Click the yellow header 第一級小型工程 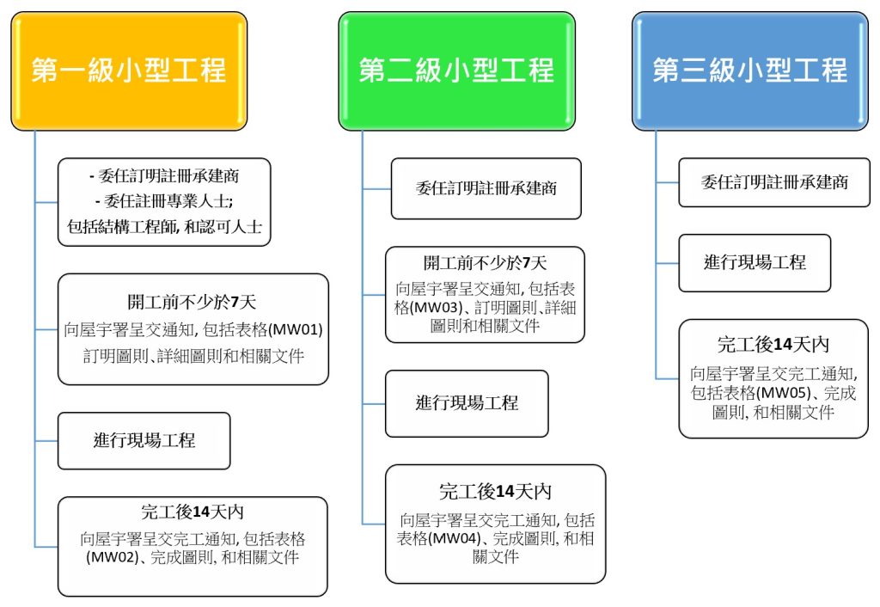point(129,71)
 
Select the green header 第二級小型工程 point(456,71)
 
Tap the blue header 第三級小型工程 point(749,71)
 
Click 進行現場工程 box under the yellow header point(144,440)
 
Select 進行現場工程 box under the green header point(467,402)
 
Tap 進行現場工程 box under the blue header point(755,262)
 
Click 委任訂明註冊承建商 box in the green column point(486,187)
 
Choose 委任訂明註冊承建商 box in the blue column point(773,181)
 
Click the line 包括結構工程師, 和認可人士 point(164,227)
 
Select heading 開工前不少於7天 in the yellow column point(192,302)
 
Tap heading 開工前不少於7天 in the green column point(485,263)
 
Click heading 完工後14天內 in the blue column point(773,345)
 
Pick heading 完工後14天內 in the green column point(495,491)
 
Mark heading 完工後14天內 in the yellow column point(192,512)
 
